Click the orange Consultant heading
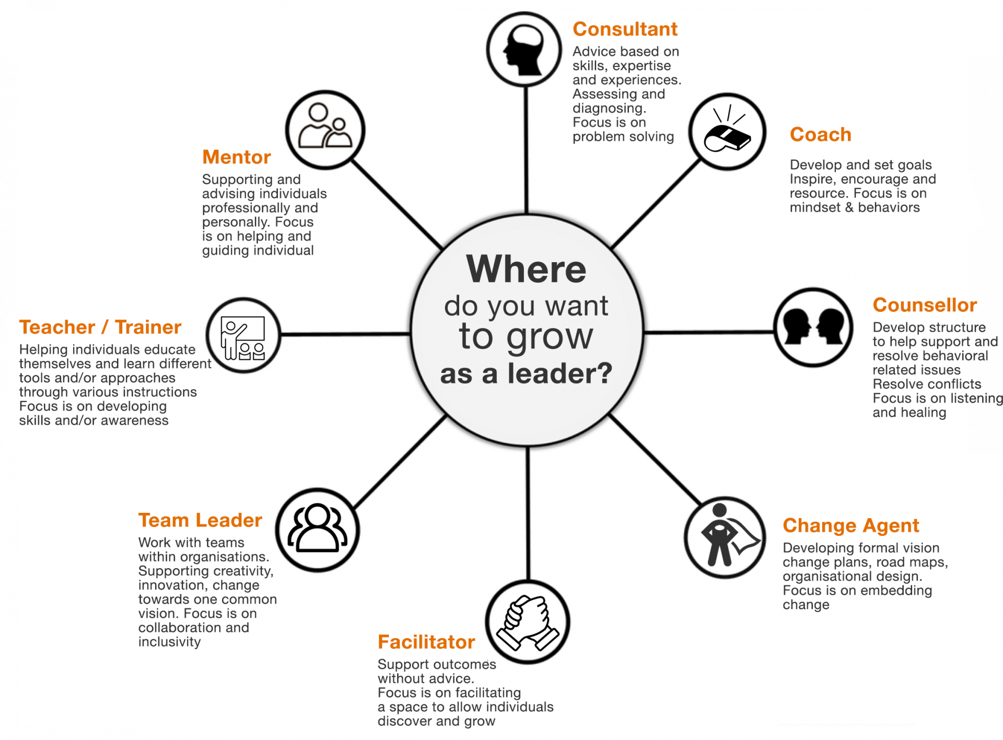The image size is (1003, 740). point(625,29)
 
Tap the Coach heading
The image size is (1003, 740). point(820,135)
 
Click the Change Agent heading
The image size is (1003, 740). point(850,525)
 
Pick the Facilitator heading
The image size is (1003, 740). point(426,642)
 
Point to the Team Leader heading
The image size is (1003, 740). point(200,520)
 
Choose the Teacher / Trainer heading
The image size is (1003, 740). point(100,327)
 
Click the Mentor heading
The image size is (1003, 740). point(237,157)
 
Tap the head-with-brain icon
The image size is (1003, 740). point(524,50)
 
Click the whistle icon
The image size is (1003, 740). point(727,132)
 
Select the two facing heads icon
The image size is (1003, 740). point(813,327)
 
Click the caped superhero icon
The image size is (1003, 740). point(725,537)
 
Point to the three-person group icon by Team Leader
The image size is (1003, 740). point(318,530)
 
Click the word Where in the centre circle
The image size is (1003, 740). point(526,269)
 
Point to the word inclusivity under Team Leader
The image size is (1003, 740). point(169,642)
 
